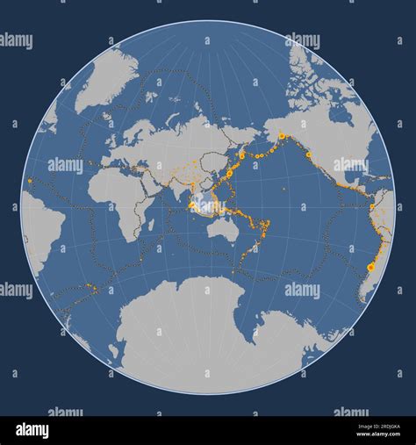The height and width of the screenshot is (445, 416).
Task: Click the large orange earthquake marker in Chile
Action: [370, 266]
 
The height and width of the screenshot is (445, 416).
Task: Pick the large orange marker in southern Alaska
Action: [282, 136]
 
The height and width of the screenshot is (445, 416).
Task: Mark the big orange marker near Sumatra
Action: [191, 205]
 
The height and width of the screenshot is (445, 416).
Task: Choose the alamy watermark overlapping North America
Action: [351, 164]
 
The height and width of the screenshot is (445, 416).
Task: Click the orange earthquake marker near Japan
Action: [241, 154]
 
